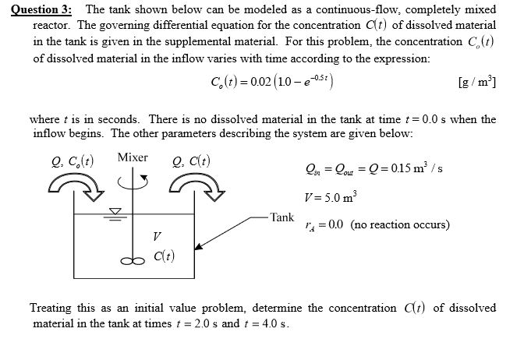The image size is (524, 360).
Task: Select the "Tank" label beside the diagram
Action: [281, 217]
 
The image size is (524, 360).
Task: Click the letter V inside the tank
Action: [157, 235]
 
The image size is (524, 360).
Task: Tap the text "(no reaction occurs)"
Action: [400, 224]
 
